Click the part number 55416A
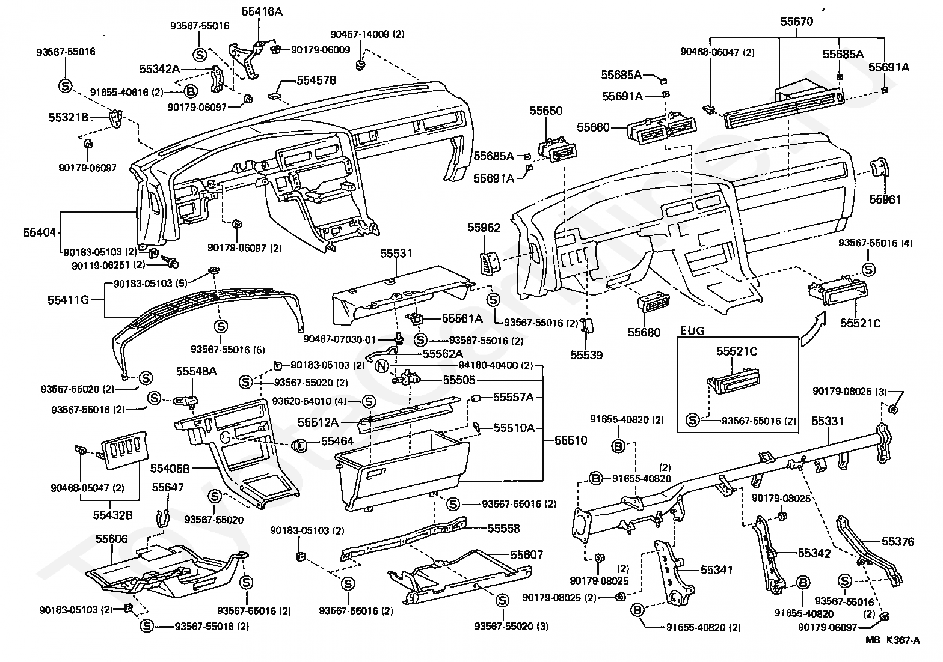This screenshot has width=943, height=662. point(262,12)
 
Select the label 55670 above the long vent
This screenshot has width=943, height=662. point(796,22)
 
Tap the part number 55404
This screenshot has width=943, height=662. point(40,232)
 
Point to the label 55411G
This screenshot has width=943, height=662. point(68,300)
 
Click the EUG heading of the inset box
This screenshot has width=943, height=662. point(692,331)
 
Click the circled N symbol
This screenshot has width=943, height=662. point(381,366)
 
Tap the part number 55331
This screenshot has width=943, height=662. point(828,421)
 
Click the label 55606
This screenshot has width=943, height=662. point(112,539)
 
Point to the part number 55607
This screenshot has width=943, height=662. point(527,554)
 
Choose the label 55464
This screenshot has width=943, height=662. point(337,441)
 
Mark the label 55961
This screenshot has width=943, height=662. point(885,199)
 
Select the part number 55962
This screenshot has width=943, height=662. point(484,228)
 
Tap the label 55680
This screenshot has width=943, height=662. point(644,332)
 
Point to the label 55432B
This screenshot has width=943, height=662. point(112,515)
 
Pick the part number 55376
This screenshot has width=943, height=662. point(898,542)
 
